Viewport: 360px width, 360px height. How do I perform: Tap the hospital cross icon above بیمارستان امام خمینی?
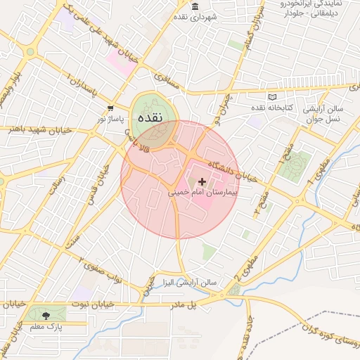click(203, 181)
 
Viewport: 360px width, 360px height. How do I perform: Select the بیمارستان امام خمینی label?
click(202, 191)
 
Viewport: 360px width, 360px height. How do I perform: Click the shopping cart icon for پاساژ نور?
click(110, 108)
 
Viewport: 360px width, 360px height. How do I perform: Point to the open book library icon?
click(273, 96)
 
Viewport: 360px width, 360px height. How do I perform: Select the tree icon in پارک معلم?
click(46, 316)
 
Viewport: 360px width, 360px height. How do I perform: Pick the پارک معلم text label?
click(46, 328)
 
